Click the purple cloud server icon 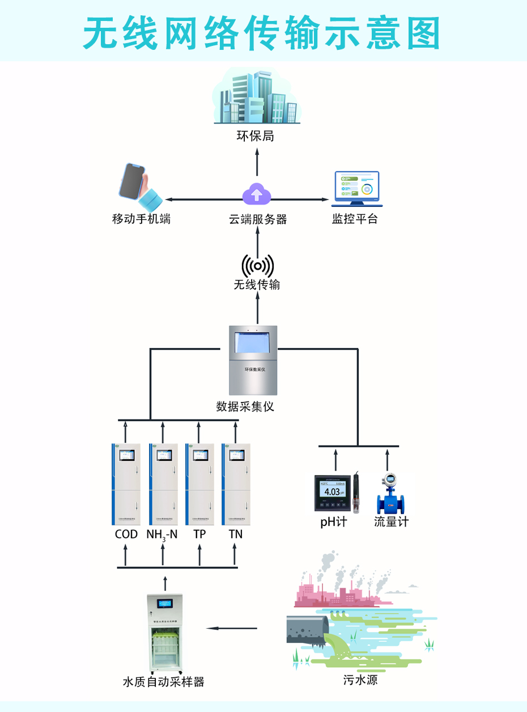[257, 194]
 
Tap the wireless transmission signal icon [258, 265]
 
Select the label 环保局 [256, 136]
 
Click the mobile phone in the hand [133, 182]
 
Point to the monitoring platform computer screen [356, 187]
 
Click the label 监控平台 [355, 219]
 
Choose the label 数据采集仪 [245, 406]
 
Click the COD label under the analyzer [126, 534]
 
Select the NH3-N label [162, 535]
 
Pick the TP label [199, 534]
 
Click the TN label [236, 534]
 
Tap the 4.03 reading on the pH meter [333, 491]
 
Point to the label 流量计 [391, 522]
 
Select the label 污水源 [360, 680]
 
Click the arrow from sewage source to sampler [232, 628]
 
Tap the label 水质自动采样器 [163, 682]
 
